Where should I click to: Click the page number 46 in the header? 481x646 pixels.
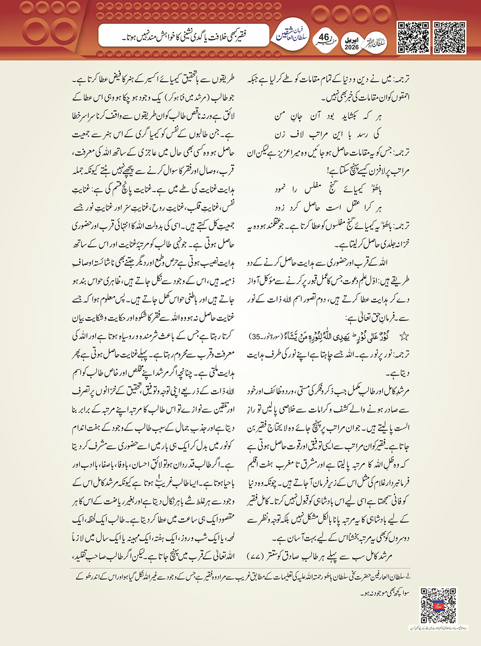tap(324, 37)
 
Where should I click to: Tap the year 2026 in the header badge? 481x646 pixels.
tap(351, 47)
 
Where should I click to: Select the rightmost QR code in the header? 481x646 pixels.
tap(449, 37)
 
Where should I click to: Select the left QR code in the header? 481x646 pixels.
tap(413, 37)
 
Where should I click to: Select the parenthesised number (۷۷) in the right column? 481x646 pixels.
tap(256, 556)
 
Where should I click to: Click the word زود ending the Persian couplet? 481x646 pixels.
tap(282, 207)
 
